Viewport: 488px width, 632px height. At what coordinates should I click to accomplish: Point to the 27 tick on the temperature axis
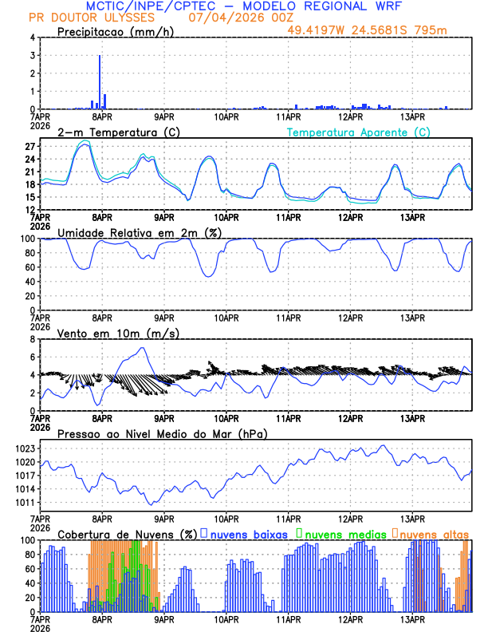(29, 147)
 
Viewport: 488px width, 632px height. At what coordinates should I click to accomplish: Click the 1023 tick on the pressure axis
(24, 449)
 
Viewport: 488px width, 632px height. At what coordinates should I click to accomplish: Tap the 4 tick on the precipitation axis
(31, 38)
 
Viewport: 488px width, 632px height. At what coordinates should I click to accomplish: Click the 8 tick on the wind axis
(31, 339)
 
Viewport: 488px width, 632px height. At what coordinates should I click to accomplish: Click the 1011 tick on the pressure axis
(24, 503)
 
